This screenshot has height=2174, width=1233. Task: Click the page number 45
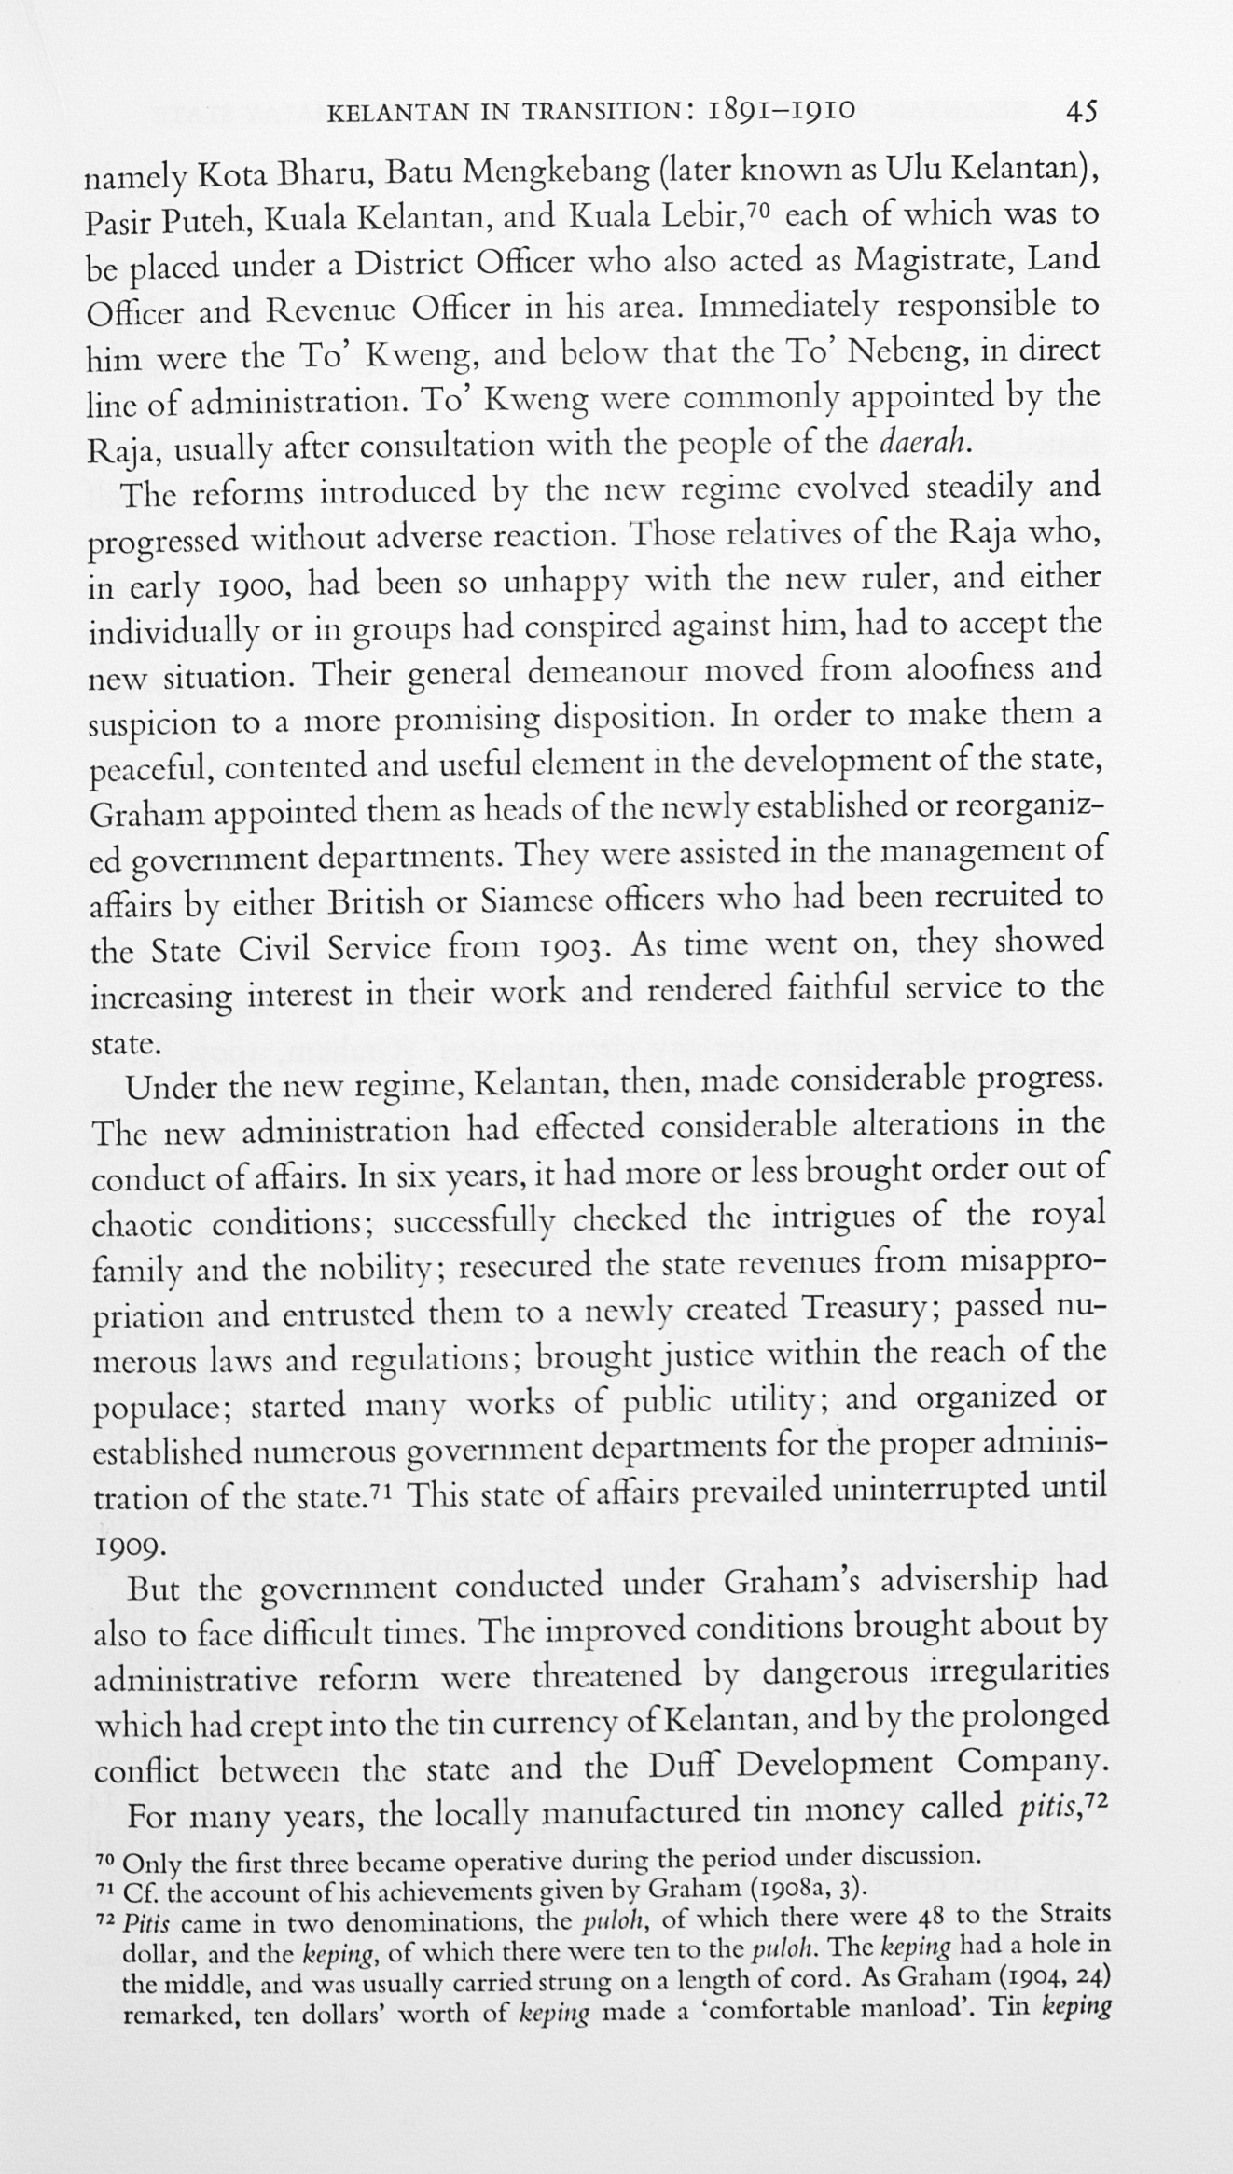pyautogui.click(x=1081, y=113)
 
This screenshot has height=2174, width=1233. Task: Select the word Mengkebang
pyautogui.click(x=557, y=172)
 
